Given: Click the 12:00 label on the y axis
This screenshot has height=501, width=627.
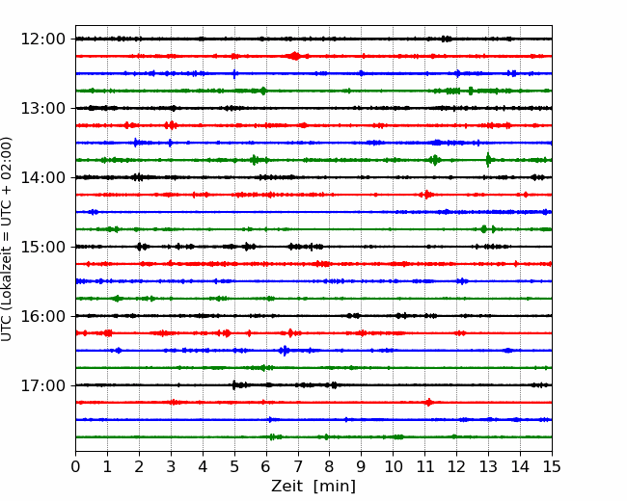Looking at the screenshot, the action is coord(42,40).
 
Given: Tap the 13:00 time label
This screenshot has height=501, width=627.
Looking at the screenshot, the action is coord(42,108).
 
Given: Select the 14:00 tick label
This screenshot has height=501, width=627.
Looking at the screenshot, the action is coord(42,177).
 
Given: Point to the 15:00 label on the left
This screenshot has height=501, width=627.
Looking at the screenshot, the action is coord(42,247).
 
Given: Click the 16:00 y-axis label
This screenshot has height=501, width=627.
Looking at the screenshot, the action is coord(42,316).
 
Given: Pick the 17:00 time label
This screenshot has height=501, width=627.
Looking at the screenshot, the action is coord(42,385).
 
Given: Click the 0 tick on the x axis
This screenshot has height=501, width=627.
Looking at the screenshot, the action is coord(75,466).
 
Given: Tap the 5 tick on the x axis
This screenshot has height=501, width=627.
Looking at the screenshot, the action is coord(234,466).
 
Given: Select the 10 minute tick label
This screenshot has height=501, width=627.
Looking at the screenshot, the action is coord(393,466).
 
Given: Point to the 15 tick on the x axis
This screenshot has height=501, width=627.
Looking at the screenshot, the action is coord(552,466).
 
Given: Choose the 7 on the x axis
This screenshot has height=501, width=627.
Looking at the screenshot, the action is coord(298,466).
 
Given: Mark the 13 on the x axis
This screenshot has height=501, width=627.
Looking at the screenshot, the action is coord(488,466).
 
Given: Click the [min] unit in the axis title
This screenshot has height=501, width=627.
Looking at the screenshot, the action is coord(335,487).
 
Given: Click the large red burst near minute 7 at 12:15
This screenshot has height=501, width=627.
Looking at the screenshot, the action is coord(295,56).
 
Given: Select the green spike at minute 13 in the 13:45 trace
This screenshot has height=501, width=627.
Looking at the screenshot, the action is coord(488,160).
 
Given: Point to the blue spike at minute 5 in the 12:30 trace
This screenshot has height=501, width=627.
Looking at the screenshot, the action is coord(234,73).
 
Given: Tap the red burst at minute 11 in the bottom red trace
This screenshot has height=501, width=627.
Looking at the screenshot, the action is coord(428,403).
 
